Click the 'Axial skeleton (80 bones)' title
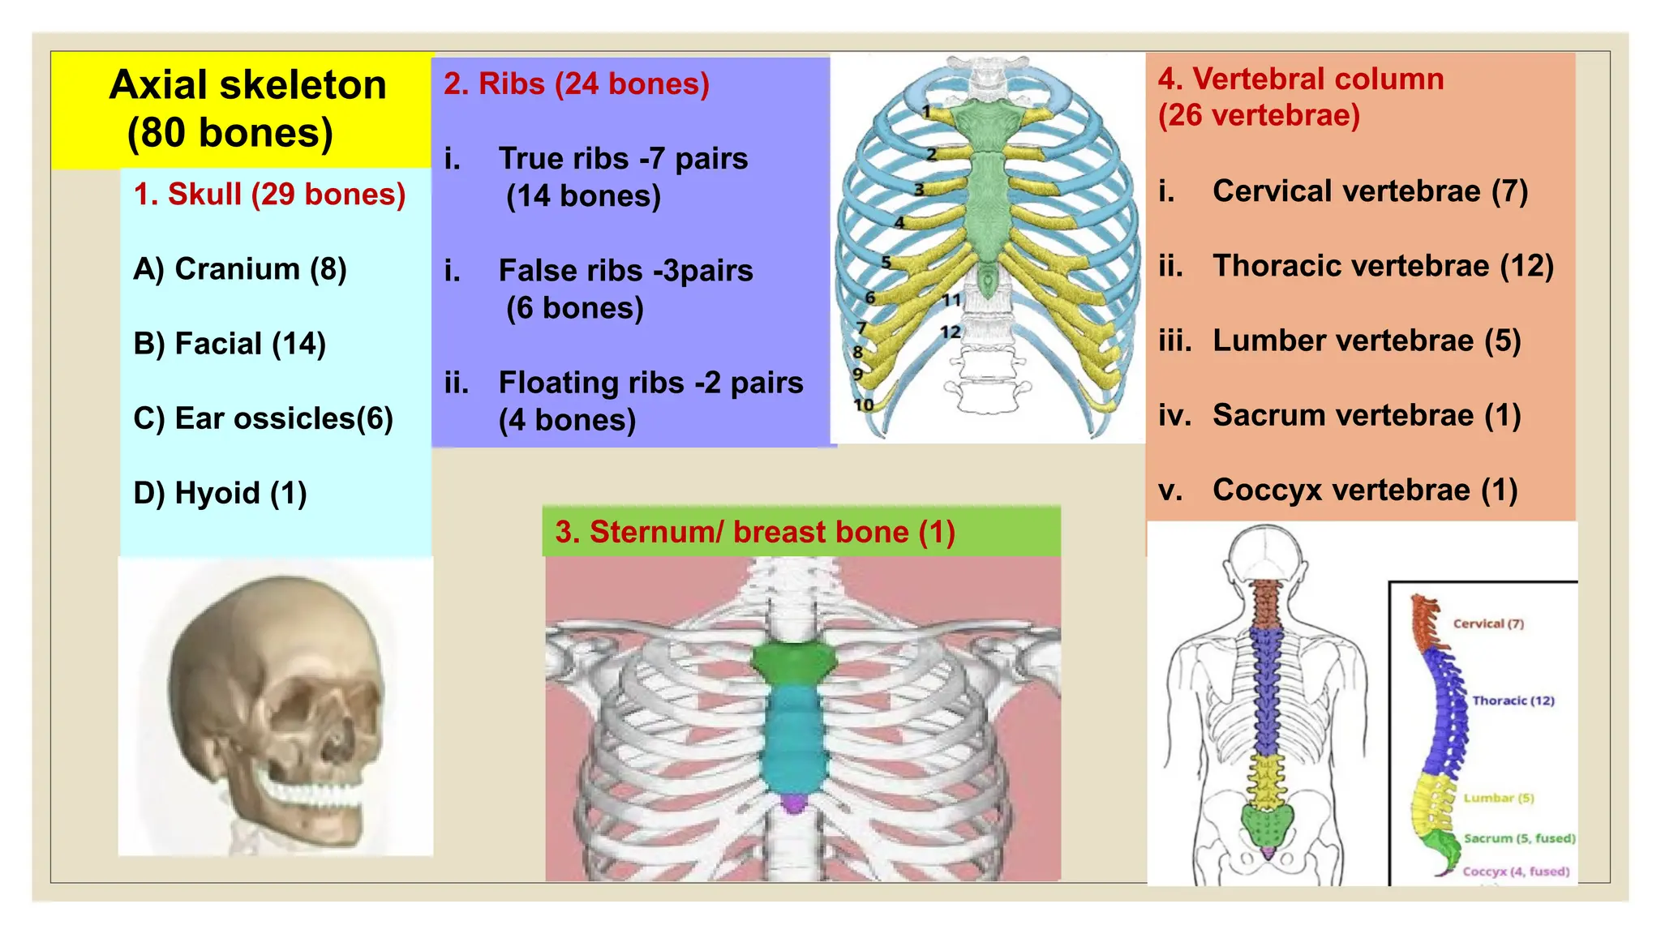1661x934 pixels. pos(247,109)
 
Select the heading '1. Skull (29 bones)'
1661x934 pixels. pos(269,195)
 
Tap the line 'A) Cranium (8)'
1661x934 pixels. pos(240,269)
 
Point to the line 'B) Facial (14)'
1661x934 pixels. pos(230,344)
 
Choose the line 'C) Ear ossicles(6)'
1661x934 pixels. pos(263,418)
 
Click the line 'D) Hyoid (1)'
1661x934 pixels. pos(220,493)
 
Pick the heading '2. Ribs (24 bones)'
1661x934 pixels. pos(576,84)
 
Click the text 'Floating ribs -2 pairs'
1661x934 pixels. pos(650,383)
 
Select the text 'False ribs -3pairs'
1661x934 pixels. pos(625,271)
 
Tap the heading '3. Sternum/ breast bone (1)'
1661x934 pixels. pos(755,532)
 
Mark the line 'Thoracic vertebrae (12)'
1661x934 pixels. pos(1383,266)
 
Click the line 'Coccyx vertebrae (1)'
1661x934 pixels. pos(1365,490)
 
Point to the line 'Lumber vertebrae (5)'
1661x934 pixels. pos(1367,341)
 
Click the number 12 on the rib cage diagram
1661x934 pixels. pos(950,332)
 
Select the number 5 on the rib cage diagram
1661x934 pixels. pos(886,262)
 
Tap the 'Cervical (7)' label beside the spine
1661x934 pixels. pos(1488,623)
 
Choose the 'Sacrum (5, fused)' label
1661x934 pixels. pos(1519,838)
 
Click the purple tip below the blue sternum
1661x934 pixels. pos(794,803)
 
